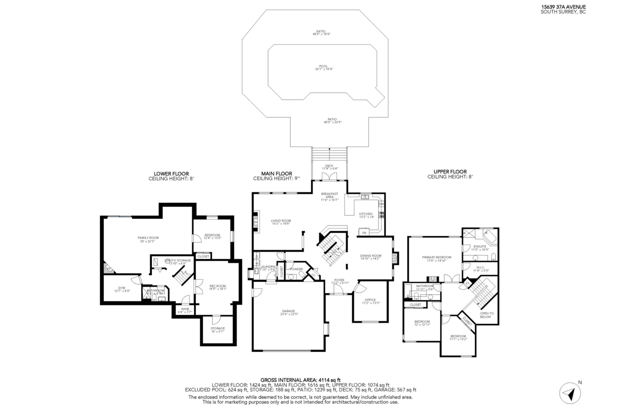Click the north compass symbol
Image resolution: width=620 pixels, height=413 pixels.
pyautogui.click(x=570, y=393)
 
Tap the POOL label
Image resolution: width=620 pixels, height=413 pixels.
pyautogui.click(x=323, y=67)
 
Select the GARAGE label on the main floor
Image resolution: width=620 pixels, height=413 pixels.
pyautogui.click(x=288, y=311)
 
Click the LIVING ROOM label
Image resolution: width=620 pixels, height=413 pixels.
pyautogui.click(x=281, y=221)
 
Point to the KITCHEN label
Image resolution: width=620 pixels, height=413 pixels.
pyautogui.click(x=366, y=214)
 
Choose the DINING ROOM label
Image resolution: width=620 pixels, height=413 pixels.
pyautogui.click(x=370, y=256)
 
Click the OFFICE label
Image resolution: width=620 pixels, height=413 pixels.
pyautogui.click(x=369, y=301)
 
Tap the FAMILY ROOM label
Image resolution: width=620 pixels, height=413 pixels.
pyautogui.click(x=148, y=238)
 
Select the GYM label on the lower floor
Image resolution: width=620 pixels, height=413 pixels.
pyautogui.click(x=122, y=288)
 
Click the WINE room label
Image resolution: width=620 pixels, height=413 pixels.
pyautogui.click(x=184, y=310)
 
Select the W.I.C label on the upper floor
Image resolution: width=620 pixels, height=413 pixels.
pyautogui.click(x=480, y=267)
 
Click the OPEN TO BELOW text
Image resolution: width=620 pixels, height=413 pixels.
pyautogui.click(x=486, y=315)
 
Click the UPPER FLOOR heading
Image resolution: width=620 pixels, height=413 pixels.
pyautogui.click(x=450, y=171)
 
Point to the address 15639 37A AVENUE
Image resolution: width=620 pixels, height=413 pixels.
pyautogui.click(x=563, y=7)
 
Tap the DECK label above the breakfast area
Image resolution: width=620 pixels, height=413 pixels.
pyautogui.click(x=329, y=166)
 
